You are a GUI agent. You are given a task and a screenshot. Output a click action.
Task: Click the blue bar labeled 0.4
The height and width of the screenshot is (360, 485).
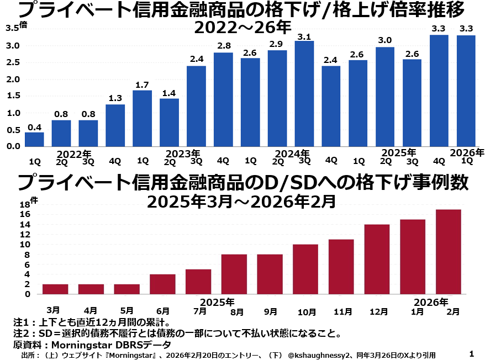[x=34, y=140]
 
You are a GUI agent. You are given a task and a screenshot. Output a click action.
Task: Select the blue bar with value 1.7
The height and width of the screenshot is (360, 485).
[x=143, y=119]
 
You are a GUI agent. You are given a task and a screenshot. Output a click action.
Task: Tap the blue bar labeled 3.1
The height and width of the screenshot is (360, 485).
[x=304, y=94]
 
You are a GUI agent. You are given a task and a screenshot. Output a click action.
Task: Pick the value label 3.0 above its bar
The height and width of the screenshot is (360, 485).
[x=385, y=40]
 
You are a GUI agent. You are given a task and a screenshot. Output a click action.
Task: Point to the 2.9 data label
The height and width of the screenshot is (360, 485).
[x=277, y=44]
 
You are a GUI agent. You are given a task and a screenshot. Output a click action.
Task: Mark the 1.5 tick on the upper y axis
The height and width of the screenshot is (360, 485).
[x=13, y=96]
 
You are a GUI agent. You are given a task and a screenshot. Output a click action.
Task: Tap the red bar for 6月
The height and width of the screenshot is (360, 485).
[x=162, y=284]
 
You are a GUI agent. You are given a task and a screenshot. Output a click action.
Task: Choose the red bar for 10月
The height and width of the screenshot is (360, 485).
[x=305, y=269]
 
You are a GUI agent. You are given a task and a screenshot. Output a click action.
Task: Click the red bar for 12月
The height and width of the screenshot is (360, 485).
[x=377, y=260]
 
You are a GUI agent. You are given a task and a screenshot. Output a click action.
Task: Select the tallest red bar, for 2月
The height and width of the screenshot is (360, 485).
[x=449, y=252]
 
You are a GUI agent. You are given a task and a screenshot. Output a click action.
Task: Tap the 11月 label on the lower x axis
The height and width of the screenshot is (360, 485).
[x=343, y=312]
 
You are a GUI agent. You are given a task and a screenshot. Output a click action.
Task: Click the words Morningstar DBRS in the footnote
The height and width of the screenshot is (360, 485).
[x=92, y=345]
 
